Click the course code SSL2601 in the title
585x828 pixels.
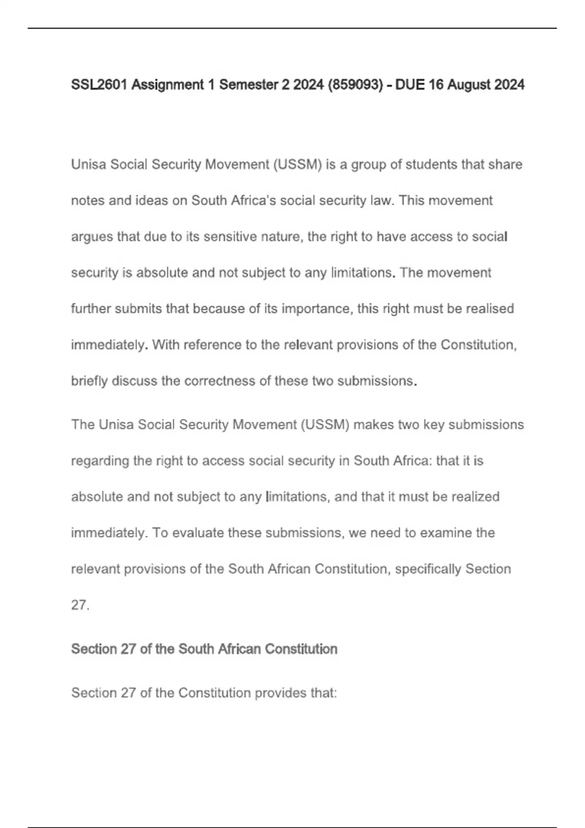pos(99,85)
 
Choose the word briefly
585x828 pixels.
pos(89,381)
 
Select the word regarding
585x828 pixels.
pos(100,461)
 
